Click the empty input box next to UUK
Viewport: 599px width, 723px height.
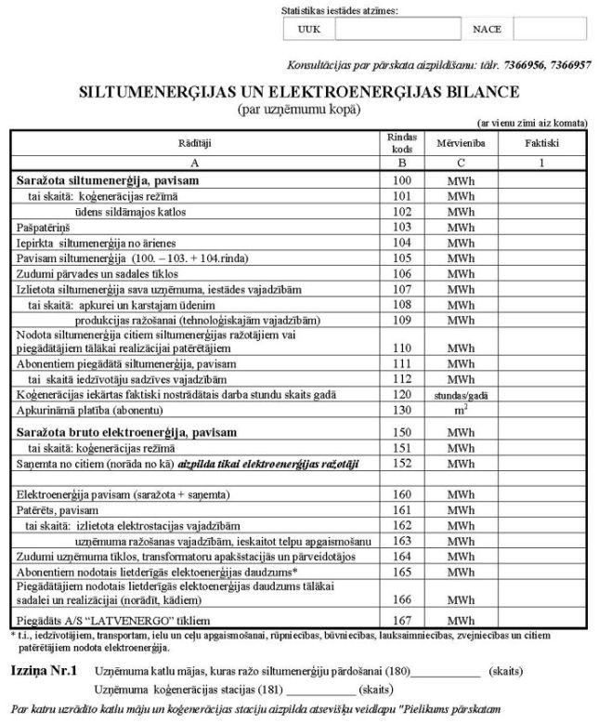395,29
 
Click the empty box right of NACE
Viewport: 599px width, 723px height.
549,29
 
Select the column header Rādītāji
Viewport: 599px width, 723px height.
195,145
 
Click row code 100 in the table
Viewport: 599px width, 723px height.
402,179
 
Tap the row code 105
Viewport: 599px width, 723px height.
402,257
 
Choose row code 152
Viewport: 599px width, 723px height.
402,462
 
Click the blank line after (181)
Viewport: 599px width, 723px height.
321,690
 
